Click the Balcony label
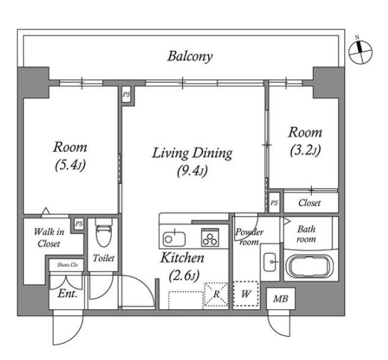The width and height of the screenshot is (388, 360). coord(190,57)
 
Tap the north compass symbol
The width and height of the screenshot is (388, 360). coord(361,52)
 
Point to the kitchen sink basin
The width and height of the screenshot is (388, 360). coord(174,239)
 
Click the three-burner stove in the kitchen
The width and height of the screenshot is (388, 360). coord(210,237)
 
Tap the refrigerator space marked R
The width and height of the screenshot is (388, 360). coord(216,295)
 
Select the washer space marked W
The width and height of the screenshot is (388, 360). coord(246,294)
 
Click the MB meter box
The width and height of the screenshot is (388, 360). coord(280,298)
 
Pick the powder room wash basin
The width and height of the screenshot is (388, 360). coord(271,262)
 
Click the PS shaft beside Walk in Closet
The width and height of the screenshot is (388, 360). coord(79,223)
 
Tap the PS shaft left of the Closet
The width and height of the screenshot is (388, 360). coord(274,203)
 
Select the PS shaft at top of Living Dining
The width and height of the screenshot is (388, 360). coord(126,94)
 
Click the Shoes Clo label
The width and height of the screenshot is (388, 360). coord(68,265)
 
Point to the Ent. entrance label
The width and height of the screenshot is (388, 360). coord(68,294)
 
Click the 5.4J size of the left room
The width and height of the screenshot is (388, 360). coord(70,165)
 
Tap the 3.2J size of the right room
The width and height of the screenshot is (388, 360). coord(305,150)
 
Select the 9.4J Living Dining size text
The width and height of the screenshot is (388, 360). coord(192,171)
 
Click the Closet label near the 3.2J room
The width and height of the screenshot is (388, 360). coord(309,203)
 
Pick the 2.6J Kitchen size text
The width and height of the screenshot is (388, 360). coord(185,276)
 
